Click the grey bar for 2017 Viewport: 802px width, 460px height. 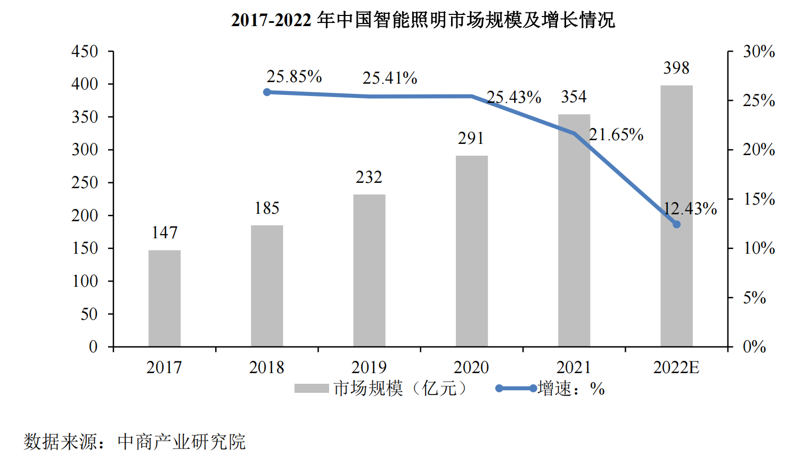click(x=164, y=298)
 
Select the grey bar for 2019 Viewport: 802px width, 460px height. click(x=369, y=271)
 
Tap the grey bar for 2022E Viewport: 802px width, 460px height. click(x=676, y=216)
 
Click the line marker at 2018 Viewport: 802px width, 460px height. click(x=267, y=92)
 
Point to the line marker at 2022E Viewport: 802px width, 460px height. click(x=676, y=224)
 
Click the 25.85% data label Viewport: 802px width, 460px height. click(x=294, y=77)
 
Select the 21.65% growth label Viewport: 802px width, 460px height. click(x=616, y=135)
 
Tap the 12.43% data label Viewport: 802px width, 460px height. click(x=690, y=208)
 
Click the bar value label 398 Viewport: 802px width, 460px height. click(x=676, y=68)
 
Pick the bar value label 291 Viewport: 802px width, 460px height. click(x=471, y=139)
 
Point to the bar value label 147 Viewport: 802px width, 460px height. click(x=165, y=233)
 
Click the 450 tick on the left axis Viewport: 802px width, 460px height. click(x=85, y=52)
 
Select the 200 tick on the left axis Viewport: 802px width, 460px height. click(x=85, y=215)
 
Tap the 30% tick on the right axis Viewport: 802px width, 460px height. click(x=759, y=52)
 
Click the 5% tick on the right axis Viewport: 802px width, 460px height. click(x=755, y=297)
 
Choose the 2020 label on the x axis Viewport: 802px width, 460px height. click(x=471, y=367)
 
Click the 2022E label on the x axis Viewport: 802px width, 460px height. click(x=676, y=367)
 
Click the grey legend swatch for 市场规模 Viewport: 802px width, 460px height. click(x=312, y=389)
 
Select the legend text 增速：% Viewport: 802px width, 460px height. click(x=571, y=389)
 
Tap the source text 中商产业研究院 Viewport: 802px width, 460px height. click(x=181, y=442)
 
